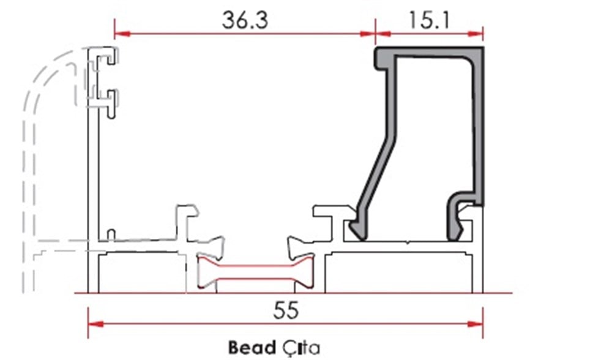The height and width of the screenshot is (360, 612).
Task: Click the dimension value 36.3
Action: pos(244,20)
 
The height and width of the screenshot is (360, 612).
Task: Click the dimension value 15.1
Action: pos(429,20)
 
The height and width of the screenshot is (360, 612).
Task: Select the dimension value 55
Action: pos(286,310)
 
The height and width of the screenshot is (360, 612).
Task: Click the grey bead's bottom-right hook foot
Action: pos(457,223)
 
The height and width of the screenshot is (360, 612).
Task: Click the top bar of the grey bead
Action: pos(428,53)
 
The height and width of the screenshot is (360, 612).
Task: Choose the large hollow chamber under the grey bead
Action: pos(401,273)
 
